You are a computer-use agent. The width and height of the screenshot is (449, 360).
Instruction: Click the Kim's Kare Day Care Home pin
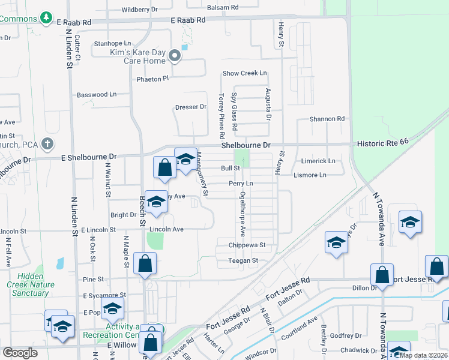click(x=175, y=56)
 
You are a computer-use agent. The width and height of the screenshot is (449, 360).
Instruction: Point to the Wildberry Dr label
click(x=139, y=10)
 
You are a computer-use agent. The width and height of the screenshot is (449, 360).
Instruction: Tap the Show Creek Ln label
click(x=244, y=73)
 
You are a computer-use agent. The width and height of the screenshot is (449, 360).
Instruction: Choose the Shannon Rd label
click(x=327, y=119)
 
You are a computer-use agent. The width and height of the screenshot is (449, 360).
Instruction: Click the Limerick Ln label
click(x=318, y=161)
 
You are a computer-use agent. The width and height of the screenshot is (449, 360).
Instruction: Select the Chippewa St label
click(x=247, y=245)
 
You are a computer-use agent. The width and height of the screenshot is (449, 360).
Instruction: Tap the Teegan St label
click(x=243, y=260)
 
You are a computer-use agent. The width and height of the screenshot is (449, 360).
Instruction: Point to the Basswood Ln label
click(x=97, y=95)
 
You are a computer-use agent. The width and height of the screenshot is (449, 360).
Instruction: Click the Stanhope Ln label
click(x=112, y=44)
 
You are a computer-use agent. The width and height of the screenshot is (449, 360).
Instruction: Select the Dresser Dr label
click(x=191, y=107)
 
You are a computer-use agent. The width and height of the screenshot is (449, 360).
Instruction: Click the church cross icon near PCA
click(x=47, y=144)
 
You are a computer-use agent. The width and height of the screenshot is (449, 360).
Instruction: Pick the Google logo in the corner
click(x=20, y=353)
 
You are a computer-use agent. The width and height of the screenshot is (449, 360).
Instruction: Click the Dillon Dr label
click(x=364, y=287)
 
